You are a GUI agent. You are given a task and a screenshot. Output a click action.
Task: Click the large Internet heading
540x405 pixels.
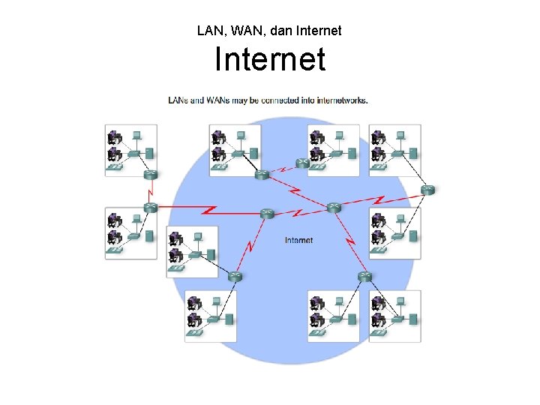(x=270, y=59)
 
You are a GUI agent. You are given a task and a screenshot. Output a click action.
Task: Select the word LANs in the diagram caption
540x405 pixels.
(x=178, y=100)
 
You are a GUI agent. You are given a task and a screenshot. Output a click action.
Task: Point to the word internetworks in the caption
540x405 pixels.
(x=343, y=100)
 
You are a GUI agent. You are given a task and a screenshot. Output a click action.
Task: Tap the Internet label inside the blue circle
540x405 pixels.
(x=298, y=240)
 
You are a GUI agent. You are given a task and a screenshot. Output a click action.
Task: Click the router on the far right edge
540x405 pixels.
(x=427, y=190)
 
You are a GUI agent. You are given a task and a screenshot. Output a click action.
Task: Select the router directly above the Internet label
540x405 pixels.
(x=267, y=214)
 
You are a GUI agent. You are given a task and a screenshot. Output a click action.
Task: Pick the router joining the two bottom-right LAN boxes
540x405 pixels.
(x=364, y=276)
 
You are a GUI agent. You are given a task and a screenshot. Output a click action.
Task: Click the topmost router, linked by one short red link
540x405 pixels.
(x=302, y=163)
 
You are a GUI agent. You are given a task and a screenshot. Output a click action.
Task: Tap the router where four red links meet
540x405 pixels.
(x=334, y=206)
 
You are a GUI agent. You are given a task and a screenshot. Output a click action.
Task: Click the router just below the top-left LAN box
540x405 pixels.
(x=150, y=175)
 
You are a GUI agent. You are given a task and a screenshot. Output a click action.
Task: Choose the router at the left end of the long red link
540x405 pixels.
(x=150, y=208)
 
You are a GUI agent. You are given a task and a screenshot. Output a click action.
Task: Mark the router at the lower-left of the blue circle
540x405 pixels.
(x=235, y=276)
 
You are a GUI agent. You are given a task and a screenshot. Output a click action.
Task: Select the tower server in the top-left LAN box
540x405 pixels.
(x=149, y=153)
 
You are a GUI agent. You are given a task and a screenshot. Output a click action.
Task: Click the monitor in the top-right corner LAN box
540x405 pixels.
(x=400, y=136)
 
